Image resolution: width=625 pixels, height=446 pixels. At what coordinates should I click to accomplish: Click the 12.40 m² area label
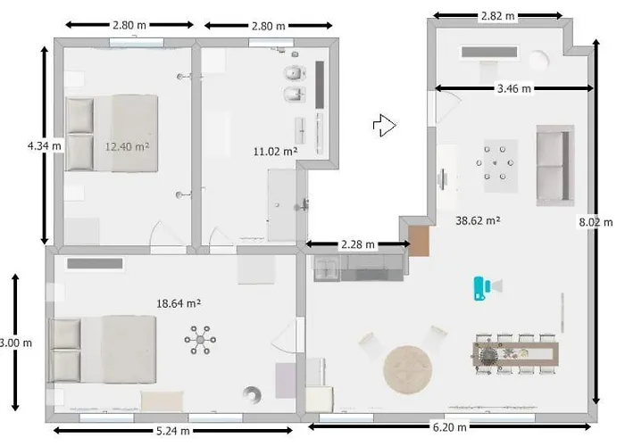(127, 146)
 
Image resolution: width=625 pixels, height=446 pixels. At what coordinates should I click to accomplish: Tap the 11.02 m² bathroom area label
(275, 152)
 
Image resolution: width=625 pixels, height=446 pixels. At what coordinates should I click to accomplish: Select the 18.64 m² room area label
(179, 303)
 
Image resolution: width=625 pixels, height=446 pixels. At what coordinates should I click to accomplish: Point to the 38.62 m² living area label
(478, 220)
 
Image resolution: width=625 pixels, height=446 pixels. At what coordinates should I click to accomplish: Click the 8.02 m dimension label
(596, 222)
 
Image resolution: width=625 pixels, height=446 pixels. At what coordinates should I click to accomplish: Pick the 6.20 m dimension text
(450, 427)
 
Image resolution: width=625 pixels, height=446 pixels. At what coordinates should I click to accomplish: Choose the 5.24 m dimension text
(172, 431)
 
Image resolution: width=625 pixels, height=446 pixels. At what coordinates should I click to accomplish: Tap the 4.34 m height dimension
(45, 145)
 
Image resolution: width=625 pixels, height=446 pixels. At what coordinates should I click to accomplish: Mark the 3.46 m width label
(514, 88)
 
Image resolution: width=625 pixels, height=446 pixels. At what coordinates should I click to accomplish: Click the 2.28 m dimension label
(357, 244)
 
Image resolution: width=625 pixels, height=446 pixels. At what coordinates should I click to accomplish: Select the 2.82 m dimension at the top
(498, 16)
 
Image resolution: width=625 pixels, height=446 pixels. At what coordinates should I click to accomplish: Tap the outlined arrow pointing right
(385, 126)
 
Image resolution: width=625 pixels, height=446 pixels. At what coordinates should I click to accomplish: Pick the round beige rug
(407, 370)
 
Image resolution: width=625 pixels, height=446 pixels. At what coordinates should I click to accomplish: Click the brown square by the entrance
(419, 242)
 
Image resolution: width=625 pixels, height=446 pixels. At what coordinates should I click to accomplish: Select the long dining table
(515, 354)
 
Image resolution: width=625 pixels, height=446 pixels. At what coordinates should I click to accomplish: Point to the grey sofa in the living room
(555, 165)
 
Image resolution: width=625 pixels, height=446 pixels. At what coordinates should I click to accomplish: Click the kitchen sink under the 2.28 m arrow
(327, 268)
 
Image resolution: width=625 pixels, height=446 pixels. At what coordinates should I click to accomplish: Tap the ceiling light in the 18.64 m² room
(200, 340)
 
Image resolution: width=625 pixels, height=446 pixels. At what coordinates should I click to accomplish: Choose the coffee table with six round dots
(501, 166)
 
